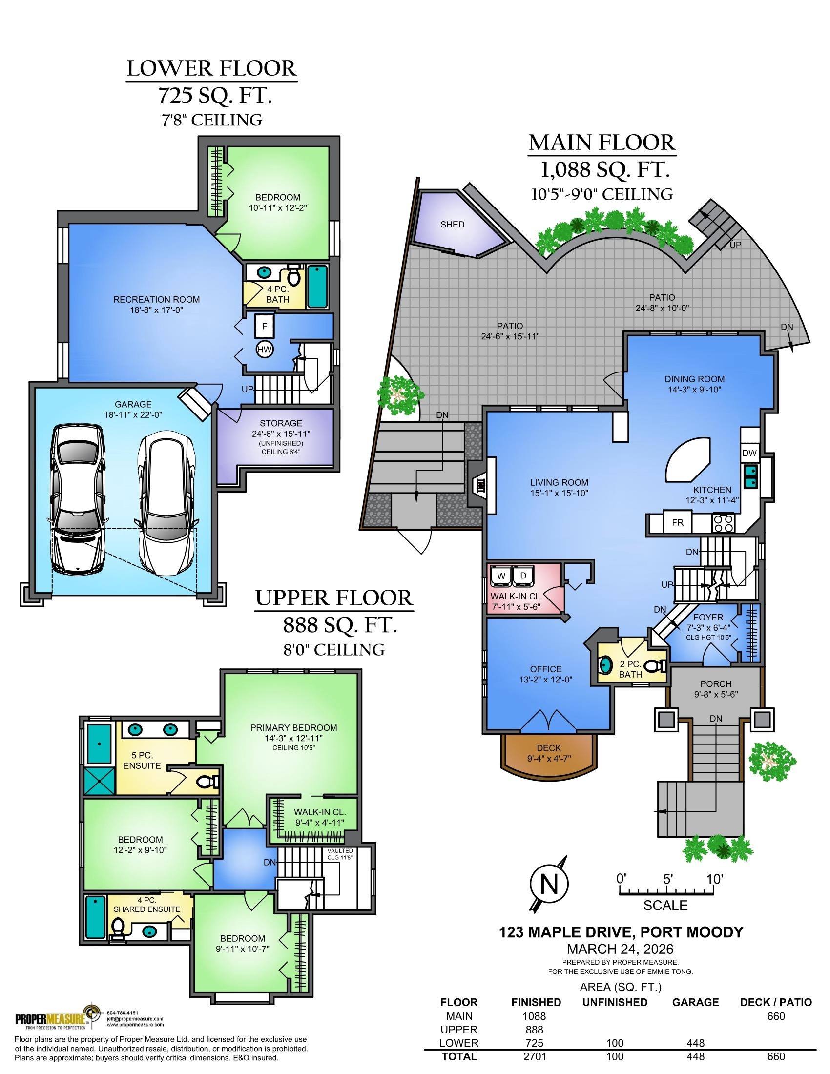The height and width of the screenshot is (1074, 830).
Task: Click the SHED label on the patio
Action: coord(452,224)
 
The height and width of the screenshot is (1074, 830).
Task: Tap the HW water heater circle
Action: coord(265,349)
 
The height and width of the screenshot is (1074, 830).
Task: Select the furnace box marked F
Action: coord(265,326)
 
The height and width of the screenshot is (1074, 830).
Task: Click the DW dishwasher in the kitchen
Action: coord(749,453)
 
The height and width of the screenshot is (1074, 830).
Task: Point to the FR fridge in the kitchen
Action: coord(678,522)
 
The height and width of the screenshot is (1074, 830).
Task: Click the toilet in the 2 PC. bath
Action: coord(654,666)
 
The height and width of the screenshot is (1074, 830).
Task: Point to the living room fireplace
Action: coord(477,484)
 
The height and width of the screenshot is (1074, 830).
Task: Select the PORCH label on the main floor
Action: coord(716,683)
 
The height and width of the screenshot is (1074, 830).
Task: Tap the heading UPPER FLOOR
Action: coord(334,598)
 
